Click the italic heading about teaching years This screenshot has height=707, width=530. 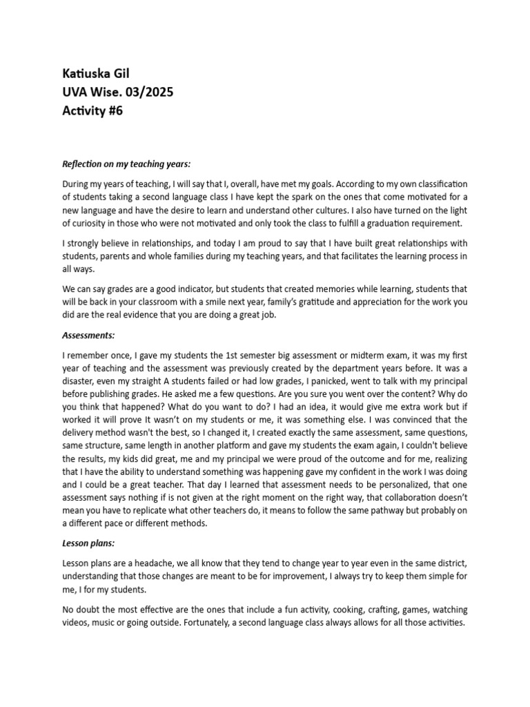tap(126, 164)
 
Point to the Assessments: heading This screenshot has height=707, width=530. tap(88, 335)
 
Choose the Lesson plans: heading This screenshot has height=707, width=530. tap(88, 544)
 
